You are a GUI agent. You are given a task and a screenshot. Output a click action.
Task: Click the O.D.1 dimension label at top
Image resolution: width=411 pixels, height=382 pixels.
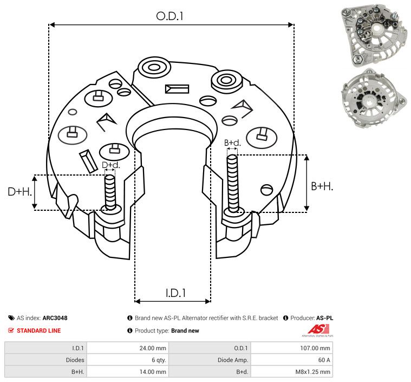click(170, 16)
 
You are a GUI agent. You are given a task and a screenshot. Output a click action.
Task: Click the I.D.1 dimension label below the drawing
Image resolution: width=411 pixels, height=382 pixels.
click(176, 293)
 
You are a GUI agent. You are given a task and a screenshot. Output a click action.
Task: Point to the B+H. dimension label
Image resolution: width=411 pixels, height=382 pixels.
click(322, 186)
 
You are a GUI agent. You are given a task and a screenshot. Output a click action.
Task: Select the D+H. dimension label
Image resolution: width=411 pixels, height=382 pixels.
click(18, 191)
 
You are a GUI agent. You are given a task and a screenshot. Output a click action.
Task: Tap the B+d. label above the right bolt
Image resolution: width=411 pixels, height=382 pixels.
click(232, 143)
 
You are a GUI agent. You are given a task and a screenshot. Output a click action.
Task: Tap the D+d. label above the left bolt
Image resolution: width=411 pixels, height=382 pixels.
click(110, 165)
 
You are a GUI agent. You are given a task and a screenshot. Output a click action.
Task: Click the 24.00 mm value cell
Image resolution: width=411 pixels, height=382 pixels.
click(127, 348)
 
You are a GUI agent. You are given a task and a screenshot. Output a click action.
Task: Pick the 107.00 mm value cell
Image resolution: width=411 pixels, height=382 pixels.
click(291, 348)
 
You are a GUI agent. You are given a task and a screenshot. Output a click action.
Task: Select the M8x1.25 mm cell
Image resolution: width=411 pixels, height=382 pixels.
click(291, 372)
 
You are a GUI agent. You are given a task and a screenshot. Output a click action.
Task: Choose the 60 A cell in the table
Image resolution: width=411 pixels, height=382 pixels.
click(291, 360)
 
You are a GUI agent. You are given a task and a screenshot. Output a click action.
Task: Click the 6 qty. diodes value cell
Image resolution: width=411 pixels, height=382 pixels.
click(127, 360)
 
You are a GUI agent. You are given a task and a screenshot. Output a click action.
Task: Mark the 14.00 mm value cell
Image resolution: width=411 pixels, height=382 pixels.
click(127, 372)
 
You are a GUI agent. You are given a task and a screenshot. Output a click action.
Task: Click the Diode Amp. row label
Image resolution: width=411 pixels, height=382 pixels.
click(210, 360)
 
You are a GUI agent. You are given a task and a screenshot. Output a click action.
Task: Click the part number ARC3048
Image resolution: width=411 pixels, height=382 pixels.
click(55, 318)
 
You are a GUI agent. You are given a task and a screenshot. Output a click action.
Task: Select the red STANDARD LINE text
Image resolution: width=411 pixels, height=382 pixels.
click(39, 331)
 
